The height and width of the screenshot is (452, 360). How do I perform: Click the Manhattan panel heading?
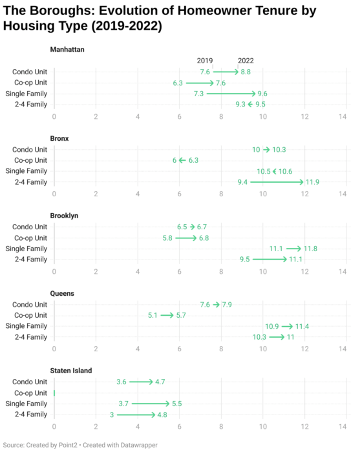(67, 49)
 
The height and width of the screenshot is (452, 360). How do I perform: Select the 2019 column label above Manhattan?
(204, 61)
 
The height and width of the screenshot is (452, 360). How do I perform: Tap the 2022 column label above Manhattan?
(246, 61)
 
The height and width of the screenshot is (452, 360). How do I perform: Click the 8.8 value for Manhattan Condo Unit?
(246, 72)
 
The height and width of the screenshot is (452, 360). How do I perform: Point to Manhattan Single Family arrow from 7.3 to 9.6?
(231, 94)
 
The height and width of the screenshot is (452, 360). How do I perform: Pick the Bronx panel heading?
(59, 138)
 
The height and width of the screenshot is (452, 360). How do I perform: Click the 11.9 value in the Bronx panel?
(312, 182)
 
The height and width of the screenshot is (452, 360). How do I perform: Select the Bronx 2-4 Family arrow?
(277, 182)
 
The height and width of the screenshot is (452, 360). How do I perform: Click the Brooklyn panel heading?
(64, 216)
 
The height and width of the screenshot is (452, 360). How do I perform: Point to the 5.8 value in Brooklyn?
(167, 238)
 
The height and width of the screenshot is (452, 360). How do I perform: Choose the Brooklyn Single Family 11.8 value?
(310, 249)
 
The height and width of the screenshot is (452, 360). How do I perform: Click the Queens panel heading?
(62, 293)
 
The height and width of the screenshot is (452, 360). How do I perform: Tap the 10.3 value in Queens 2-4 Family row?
(259, 337)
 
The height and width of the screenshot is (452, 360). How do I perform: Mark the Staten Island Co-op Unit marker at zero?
(54, 393)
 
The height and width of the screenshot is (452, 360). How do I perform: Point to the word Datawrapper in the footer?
(139, 445)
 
